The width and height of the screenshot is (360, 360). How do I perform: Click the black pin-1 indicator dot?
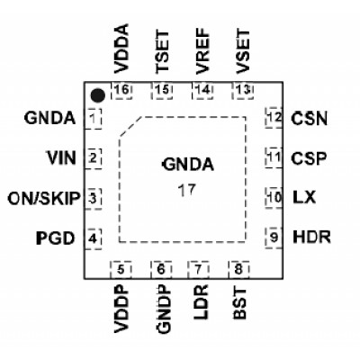click(x=98, y=95)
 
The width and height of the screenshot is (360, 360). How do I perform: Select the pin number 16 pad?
click(x=121, y=90)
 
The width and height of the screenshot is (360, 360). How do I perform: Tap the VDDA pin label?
click(x=121, y=49)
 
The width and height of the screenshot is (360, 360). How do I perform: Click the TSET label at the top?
click(x=162, y=51)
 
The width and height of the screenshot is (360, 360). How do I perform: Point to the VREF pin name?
click(x=202, y=51)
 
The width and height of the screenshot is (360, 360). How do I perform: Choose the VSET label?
click(x=242, y=51)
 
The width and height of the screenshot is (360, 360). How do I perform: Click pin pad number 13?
click(x=243, y=90)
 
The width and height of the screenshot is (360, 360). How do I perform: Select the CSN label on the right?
click(x=309, y=118)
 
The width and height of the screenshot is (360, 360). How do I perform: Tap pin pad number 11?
click(x=274, y=157)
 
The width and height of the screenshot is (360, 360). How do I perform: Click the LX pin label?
click(x=304, y=198)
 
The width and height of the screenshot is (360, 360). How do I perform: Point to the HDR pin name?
click(x=311, y=237)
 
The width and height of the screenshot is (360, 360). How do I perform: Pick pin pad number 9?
click(x=274, y=238)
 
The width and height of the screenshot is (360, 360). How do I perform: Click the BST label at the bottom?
click(x=239, y=303)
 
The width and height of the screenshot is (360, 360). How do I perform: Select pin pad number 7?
click(x=198, y=270)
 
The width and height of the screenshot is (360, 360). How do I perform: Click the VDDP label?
click(x=121, y=309)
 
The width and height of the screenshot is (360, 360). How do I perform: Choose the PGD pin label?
click(x=56, y=238)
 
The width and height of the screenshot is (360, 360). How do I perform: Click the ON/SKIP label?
click(x=44, y=198)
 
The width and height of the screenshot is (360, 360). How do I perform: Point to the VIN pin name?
click(x=61, y=157)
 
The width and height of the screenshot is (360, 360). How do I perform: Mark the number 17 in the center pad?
click(x=186, y=190)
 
